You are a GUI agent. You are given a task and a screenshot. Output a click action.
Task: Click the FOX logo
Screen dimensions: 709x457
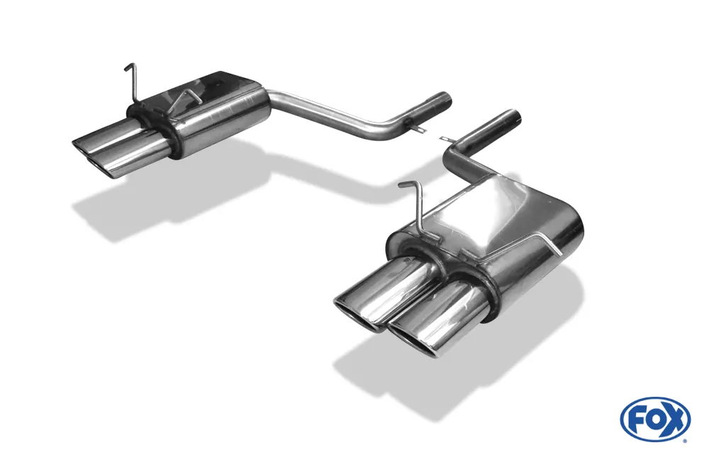pyautogui.click(x=656, y=419)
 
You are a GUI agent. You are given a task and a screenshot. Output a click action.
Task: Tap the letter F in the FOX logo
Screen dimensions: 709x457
pyautogui.click(x=637, y=420)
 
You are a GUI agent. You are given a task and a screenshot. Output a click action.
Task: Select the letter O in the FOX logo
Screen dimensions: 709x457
pyautogui.click(x=655, y=419)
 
